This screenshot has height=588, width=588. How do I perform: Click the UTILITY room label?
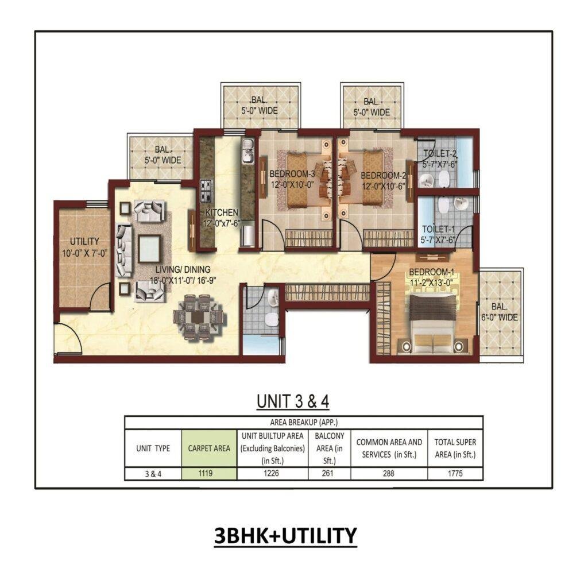[x=84, y=241]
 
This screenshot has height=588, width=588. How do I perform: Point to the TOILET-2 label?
[x=440, y=154]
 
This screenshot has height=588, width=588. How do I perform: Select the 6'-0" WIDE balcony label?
[x=500, y=312]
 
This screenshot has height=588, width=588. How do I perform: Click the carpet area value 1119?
[x=209, y=474]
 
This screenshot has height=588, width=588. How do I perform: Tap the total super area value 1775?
[x=455, y=474]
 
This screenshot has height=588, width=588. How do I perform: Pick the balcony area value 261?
[x=329, y=474]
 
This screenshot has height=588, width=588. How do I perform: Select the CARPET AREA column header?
[x=209, y=448]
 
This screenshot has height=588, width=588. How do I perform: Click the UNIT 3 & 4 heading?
[x=293, y=401]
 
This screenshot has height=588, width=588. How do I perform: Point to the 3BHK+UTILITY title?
[x=285, y=535]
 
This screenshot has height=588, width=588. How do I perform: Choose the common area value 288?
[x=389, y=474]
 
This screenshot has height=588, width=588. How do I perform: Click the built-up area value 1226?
[x=273, y=474]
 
